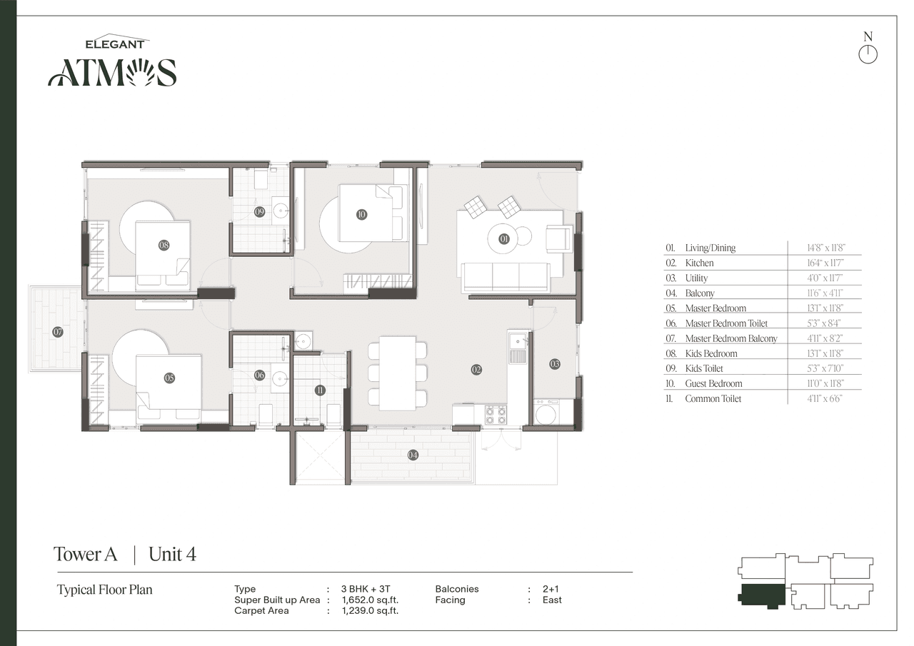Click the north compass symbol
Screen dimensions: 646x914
[x=868, y=54]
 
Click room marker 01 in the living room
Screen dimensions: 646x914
[x=504, y=239]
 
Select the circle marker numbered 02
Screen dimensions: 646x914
[x=476, y=369]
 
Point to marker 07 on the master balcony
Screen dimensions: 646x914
[x=57, y=332]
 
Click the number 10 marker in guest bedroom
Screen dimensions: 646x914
[x=361, y=213]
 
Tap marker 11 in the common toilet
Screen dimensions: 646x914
[x=319, y=390]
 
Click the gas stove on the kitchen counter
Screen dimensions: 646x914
[x=496, y=415]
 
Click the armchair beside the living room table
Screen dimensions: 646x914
[x=558, y=238]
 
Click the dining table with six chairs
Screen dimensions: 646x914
[x=398, y=373]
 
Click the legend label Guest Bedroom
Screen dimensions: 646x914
[x=713, y=383]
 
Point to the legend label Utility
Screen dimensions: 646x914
[x=696, y=278]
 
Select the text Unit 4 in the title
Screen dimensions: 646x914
[x=172, y=554]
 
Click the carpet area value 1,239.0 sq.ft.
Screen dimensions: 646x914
[x=370, y=611]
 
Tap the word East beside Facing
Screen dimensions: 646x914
[x=552, y=600]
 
